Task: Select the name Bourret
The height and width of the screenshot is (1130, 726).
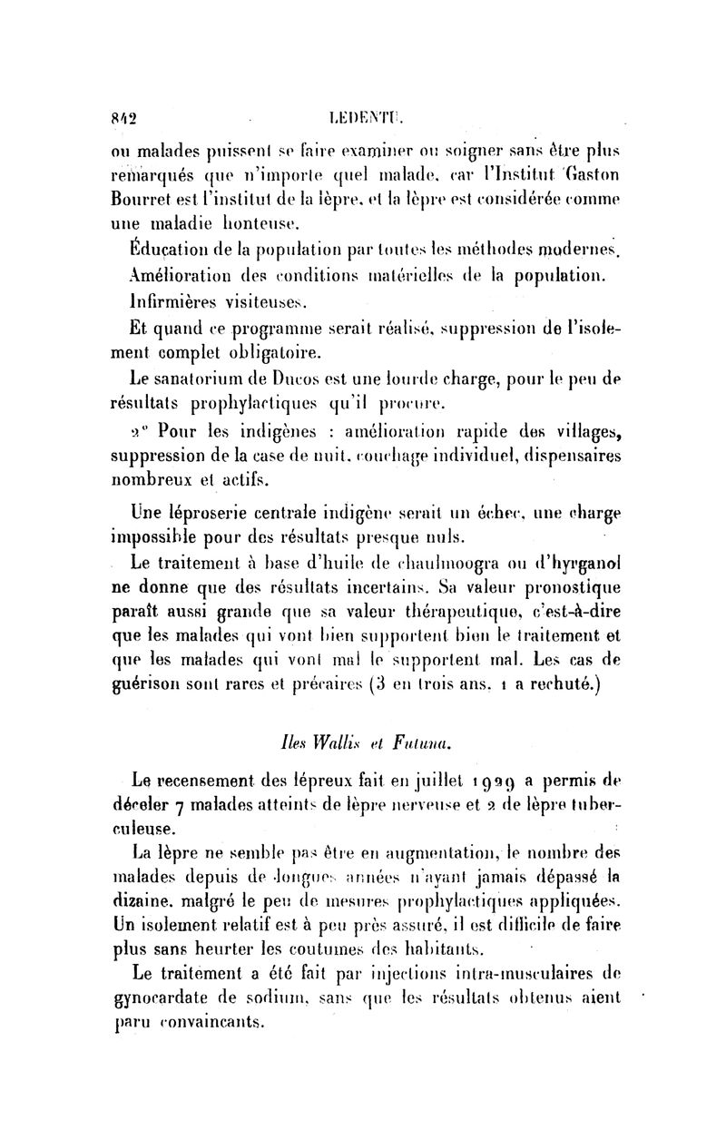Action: pyautogui.click(x=142, y=195)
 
